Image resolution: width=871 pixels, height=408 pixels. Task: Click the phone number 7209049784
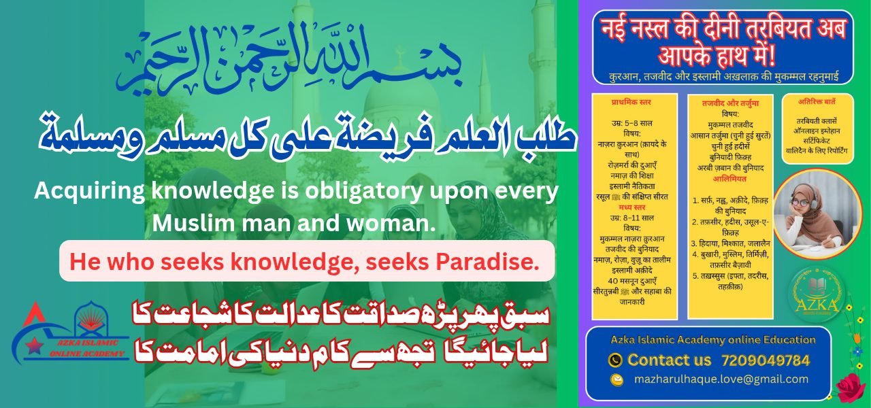click(x=766, y=360)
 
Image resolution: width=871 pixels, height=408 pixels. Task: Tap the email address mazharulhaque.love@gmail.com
click(x=721, y=379)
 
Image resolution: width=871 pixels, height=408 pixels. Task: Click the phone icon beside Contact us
click(x=614, y=360)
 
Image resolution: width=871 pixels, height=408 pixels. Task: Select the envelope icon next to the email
click(x=617, y=380)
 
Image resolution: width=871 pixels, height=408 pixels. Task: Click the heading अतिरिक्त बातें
click(x=817, y=103)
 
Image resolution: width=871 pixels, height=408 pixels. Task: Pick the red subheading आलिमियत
click(x=729, y=178)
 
